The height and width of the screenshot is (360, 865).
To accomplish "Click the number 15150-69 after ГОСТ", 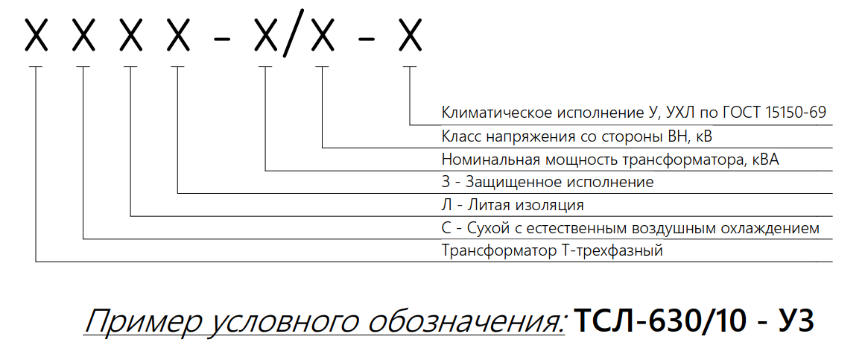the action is [790, 114].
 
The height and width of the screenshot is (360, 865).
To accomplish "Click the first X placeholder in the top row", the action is [37, 35].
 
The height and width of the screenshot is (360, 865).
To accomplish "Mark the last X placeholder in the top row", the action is [411, 35].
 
